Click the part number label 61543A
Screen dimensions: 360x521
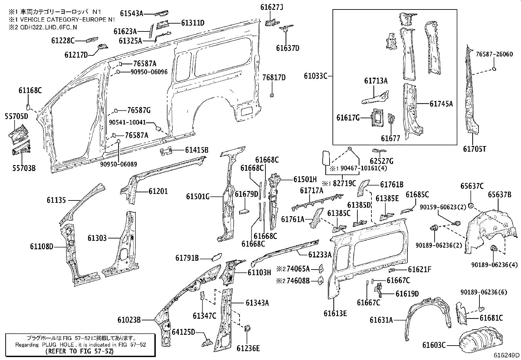tap(132, 14)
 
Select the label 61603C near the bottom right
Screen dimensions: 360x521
tap(434, 345)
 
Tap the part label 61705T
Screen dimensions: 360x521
tap(474, 149)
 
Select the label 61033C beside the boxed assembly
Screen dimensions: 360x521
tap(315, 76)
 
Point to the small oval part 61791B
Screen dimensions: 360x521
tap(216, 256)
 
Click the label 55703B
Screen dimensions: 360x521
tap(24, 168)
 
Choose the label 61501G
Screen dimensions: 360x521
tap(198, 197)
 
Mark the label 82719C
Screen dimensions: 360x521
tap(344, 183)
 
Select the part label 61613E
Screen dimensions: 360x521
tap(335, 313)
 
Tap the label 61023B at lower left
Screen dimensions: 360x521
tap(129, 319)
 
